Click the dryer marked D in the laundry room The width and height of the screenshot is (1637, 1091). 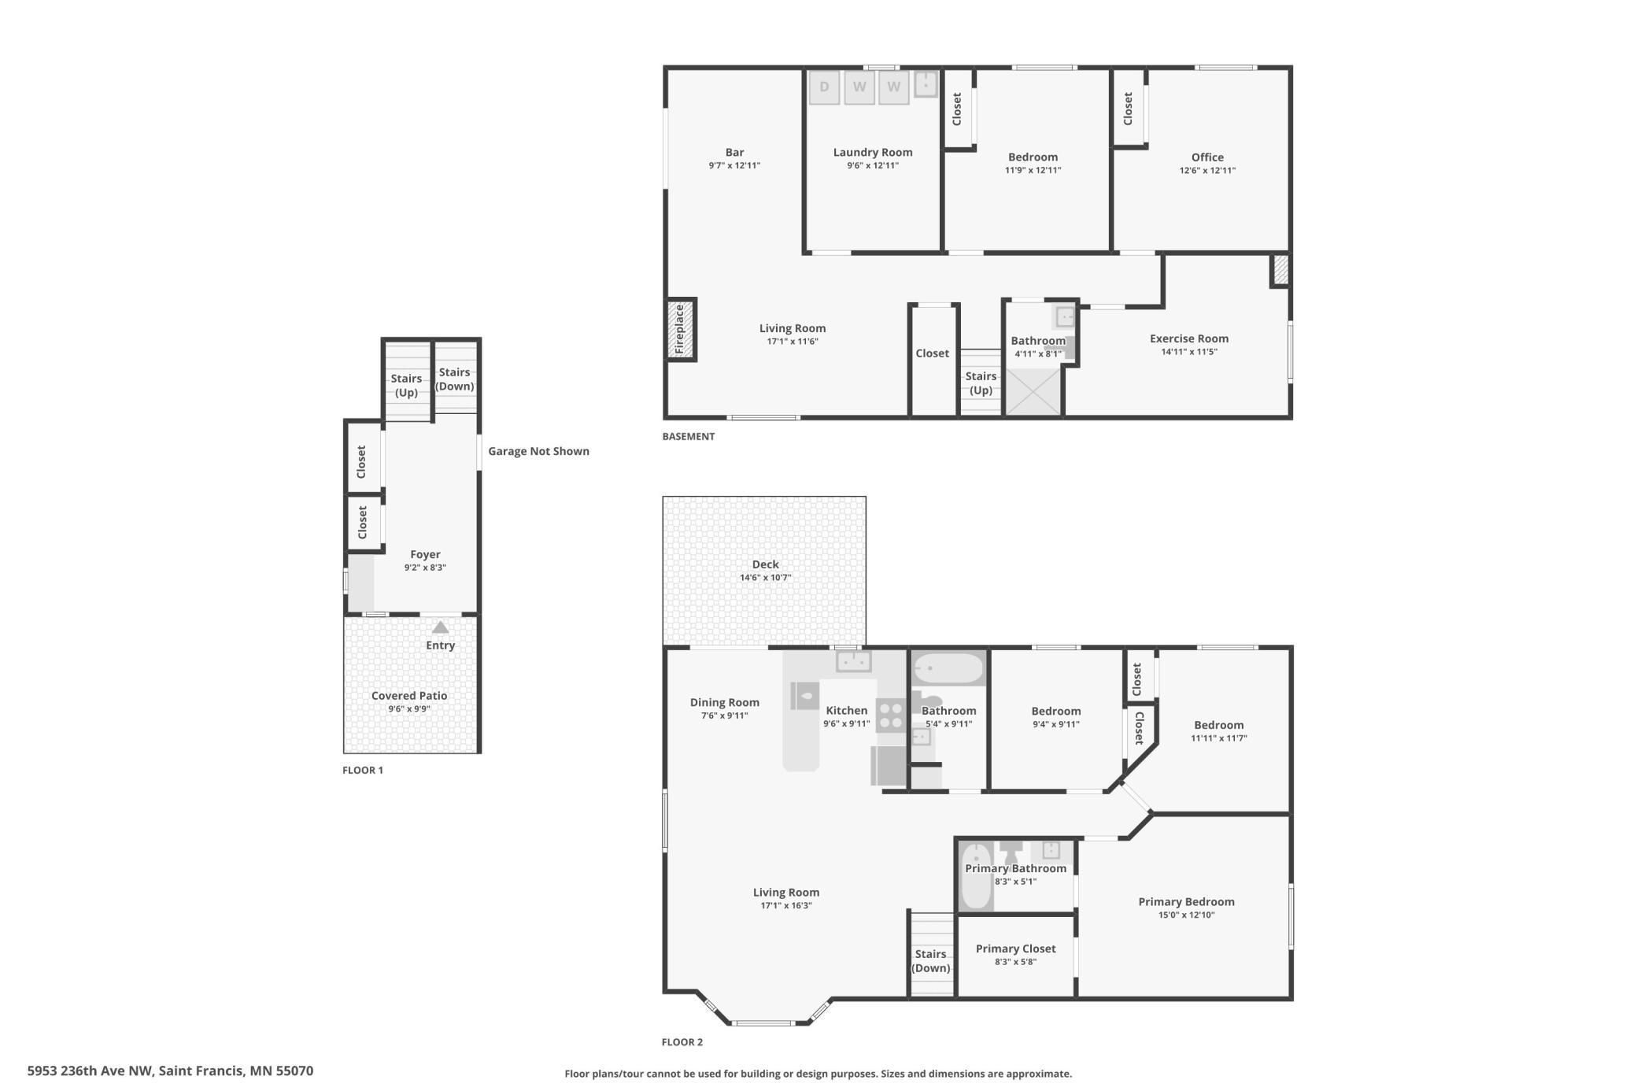(824, 87)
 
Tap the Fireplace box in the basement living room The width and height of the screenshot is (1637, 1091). (682, 329)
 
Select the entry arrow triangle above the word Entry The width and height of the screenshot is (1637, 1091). (441, 627)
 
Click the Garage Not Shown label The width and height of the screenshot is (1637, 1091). (538, 451)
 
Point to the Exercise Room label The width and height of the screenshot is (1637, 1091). (1188, 338)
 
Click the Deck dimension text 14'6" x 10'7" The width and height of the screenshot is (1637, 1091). (765, 578)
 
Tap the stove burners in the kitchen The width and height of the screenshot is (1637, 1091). (891, 716)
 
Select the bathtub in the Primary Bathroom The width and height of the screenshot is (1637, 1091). (976, 876)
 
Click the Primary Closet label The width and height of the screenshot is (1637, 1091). (1015, 949)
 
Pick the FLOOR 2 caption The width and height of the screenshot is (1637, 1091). (682, 1042)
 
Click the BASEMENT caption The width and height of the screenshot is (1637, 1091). (688, 437)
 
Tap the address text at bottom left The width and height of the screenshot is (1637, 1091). (170, 1071)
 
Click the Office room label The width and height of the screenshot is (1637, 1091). (1207, 157)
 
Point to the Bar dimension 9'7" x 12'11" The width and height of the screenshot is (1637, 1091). (734, 166)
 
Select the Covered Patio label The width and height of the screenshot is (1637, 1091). (409, 696)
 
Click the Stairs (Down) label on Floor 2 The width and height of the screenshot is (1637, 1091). (930, 961)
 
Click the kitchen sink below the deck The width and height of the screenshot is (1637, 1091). (853, 661)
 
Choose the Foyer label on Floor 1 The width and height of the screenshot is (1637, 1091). (425, 554)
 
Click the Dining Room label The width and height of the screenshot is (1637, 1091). (724, 702)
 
